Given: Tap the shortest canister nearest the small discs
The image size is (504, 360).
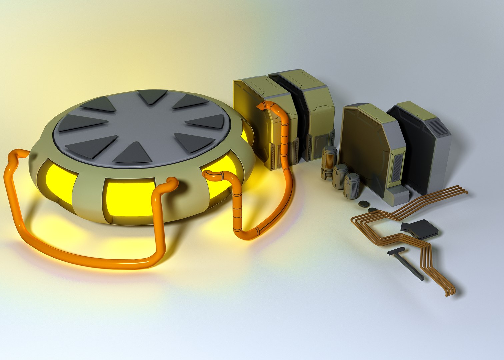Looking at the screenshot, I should tap(351, 186).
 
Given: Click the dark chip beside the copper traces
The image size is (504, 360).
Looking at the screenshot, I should tap(420, 229).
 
